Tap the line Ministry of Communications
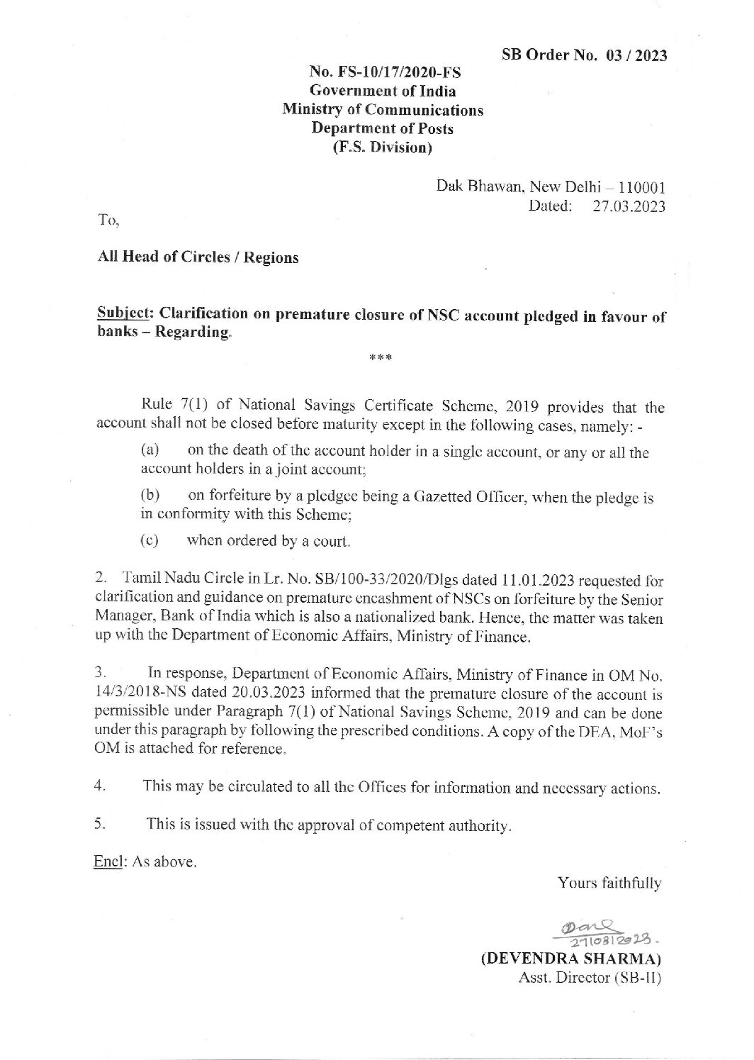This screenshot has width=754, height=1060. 383,110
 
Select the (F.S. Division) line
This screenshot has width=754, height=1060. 383,148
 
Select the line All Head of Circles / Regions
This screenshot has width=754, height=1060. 197,257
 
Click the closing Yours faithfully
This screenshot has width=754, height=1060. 609,883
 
